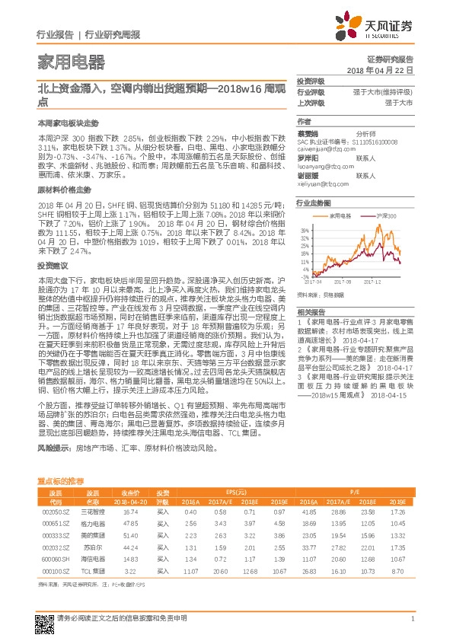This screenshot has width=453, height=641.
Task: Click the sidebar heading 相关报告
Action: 311,313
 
